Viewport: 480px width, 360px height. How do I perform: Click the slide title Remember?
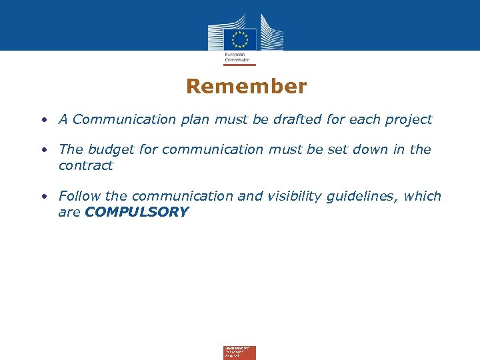tap(246, 87)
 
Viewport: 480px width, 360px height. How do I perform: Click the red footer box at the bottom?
tap(239, 353)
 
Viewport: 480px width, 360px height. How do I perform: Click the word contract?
tap(85, 165)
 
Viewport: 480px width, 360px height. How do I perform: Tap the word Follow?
tap(80, 196)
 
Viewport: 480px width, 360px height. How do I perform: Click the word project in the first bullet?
tap(407, 120)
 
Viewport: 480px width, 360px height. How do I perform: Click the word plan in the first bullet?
tap(194, 120)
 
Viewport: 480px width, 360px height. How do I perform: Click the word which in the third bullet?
tap(423, 196)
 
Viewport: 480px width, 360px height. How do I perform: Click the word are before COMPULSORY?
tap(69, 213)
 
